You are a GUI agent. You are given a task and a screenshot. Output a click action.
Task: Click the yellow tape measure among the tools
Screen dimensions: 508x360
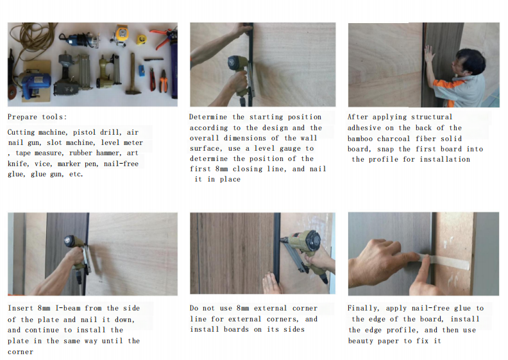(141, 40)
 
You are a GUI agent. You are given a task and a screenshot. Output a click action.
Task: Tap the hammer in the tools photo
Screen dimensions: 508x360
(133, 74)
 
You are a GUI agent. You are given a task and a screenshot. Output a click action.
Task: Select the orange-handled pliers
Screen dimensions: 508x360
(164, 81)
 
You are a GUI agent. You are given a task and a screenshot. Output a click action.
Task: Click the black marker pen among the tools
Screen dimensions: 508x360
(153, 60)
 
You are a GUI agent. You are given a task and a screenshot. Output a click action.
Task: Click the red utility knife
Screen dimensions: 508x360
(152, 80)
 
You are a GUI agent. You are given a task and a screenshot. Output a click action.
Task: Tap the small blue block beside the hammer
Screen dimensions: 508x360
(142, 71)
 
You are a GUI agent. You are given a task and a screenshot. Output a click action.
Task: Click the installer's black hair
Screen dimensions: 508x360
(472, 60)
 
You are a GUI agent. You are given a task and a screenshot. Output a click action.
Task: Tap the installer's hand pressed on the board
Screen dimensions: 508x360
(429, 54)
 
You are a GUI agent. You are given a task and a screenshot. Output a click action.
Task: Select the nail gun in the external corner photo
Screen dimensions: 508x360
(305, 253)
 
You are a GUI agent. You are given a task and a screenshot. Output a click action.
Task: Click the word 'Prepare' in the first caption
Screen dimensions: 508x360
(22, 117)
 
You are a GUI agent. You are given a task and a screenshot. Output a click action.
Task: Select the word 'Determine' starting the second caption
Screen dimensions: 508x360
(208, 117)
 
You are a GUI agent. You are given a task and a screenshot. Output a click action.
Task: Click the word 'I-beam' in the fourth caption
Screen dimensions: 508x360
(68, 308)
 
